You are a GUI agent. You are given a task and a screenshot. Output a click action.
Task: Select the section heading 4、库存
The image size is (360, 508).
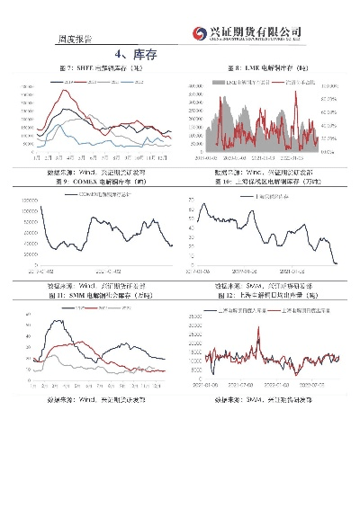click(181, 54)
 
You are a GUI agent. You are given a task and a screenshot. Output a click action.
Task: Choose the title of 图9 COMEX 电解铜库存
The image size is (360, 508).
click(101, 181)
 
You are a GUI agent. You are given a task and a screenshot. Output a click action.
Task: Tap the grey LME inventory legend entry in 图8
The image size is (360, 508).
click(235, 81)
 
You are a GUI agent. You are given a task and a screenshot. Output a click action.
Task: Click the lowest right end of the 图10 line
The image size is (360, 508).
click(337, 263)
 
